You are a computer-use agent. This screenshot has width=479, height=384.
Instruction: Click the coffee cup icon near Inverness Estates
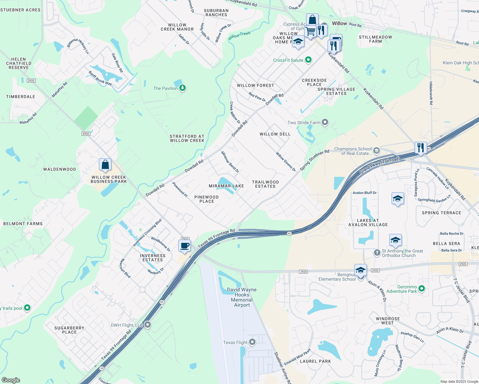coord(184,246)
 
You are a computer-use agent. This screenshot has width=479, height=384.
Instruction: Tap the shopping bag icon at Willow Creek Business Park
coord(105,165)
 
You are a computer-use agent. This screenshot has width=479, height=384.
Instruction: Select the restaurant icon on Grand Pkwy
coord(420,148)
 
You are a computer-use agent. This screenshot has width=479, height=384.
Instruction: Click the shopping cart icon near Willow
coord(310,31)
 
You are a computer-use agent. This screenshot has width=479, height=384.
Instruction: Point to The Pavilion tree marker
coord(183,88)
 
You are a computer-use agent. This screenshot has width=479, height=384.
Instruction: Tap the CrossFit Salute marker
coord(308,60)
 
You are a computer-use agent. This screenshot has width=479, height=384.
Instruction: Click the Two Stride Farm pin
coord(325,122)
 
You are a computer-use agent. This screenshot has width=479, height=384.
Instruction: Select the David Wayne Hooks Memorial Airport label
coord(242,297)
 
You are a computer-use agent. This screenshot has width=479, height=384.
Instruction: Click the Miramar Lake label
coord(226,186)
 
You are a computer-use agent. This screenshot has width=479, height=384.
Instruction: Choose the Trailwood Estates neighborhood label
coord(265,184)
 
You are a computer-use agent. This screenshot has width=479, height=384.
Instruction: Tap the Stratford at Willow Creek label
coord(187,138)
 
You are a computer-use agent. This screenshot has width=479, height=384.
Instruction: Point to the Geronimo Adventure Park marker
coord(422,289)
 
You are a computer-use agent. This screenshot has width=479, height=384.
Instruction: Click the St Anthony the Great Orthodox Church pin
coord(377,253)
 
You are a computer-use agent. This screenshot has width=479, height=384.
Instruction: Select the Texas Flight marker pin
coord(252,342)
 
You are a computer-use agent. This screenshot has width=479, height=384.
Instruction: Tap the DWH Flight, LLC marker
coord(148,325)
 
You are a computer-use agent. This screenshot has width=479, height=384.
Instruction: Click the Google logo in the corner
coord(11,380)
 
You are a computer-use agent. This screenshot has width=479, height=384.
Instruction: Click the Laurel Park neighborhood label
coord(315,361)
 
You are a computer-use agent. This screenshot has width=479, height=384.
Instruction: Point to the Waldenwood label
coord(60,169)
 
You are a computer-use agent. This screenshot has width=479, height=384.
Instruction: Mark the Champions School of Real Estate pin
coord(377,151)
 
